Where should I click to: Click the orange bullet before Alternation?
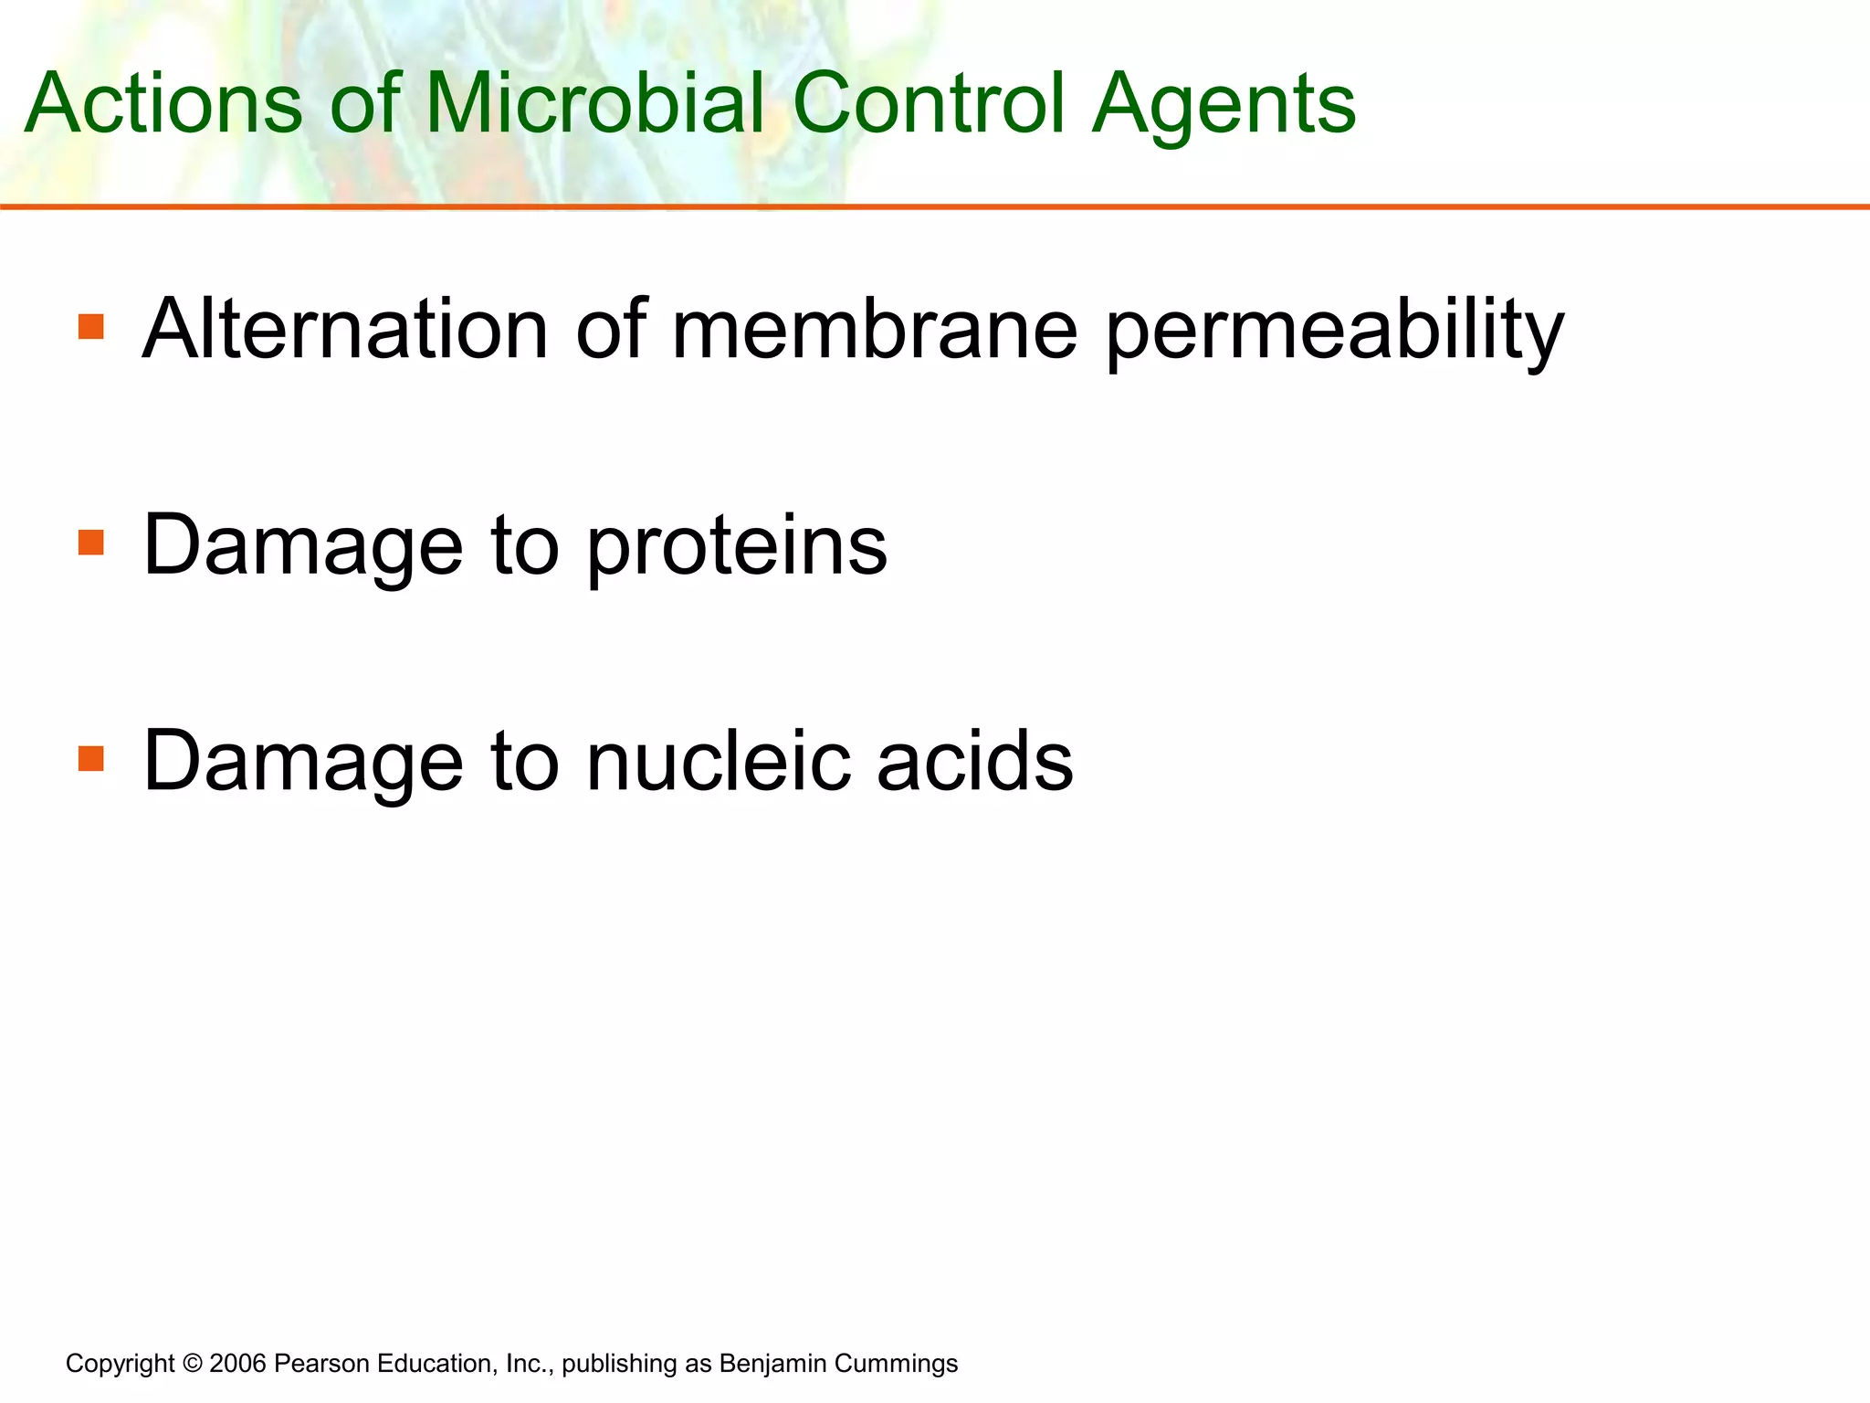pos(91,327)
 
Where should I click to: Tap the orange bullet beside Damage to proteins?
pos(91,543)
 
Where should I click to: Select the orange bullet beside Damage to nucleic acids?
pos(91,759)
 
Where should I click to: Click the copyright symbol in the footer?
pos(192,1364)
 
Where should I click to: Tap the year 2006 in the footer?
pos(237,1364)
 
